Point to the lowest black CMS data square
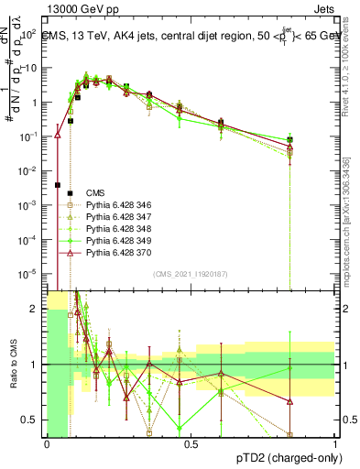(x=58, y=185)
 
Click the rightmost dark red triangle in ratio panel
(x=290, y=401)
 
